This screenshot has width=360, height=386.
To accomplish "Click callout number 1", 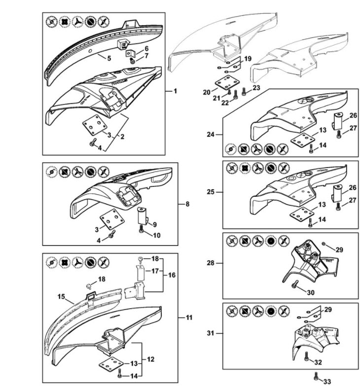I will [x=175, y=91].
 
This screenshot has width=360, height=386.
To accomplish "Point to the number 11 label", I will [x=188, y=317].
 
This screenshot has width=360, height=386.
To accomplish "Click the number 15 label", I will [x=61, y=297].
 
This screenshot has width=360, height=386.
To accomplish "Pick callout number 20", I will [x=206, y=92].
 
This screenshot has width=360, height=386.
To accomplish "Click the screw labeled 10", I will [x=143, y=229].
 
